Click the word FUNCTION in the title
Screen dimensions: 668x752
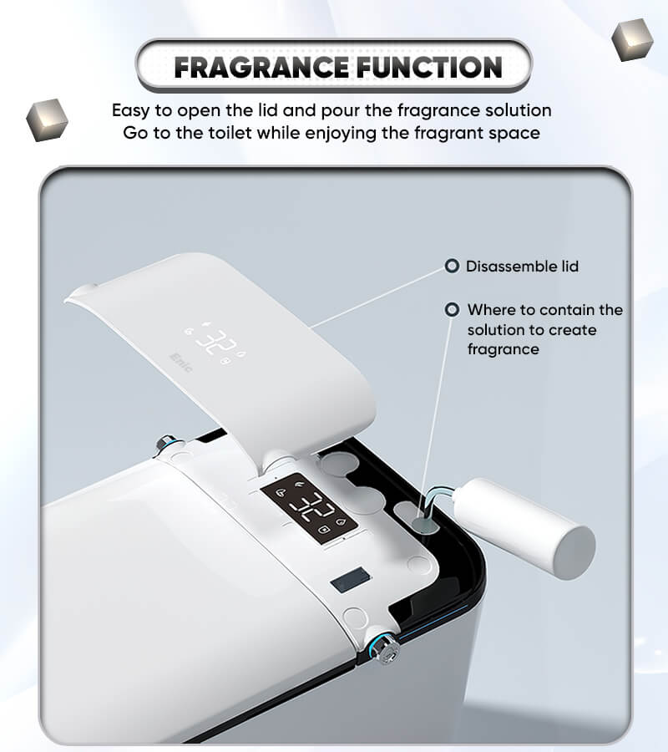pyautogui.click(x=430, y=67)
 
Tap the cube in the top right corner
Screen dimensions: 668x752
pyautogui.click(x=633, y=39)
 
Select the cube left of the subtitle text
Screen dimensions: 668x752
pyautogui.click(x=47, y=119)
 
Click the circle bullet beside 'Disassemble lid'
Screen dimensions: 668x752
pyautogui.click(x=452, y=266)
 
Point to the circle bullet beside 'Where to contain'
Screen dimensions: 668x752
pyautogui.click(x=452, y=309)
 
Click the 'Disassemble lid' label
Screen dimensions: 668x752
pyautogui.click(x=523, y=267)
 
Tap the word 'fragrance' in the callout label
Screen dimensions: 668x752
pyautogui.click(x=504, y=349)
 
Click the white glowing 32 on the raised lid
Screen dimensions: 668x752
pyautogui.click(x=216, y=341)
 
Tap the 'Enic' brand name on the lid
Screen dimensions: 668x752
pyautogui.click(x=181, y=363)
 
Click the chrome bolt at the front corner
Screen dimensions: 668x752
pyautogui.click(x=385, y=648)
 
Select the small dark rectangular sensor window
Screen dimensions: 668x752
pyautogui.click(x=351, y=579)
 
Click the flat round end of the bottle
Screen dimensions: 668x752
pyautogui.click(x=575, y=552)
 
